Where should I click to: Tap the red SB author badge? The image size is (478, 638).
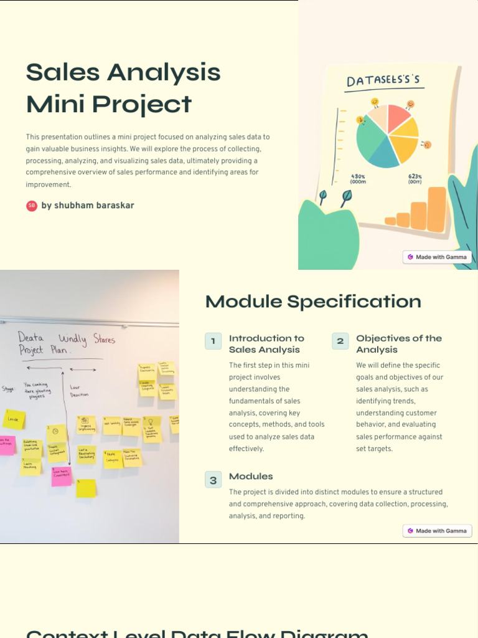pos(32,206)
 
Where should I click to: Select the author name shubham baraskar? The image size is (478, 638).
pos(93,206)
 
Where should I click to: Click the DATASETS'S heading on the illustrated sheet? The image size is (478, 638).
pos(383,81)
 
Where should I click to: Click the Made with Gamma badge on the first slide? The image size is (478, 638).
pos(438,257)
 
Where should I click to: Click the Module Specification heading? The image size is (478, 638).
pos(313,302)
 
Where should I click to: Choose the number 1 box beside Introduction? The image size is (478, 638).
pos(213,341)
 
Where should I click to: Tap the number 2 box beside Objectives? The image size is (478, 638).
pos(340,341)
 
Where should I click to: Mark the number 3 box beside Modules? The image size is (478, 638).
pos(213,480)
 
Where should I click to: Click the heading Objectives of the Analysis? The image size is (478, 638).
pos(398,344)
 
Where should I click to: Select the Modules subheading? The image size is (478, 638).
pos(251,477)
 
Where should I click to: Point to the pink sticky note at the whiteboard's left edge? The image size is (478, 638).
pos(6,445)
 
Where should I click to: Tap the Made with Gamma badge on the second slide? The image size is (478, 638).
pos(438,531)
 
